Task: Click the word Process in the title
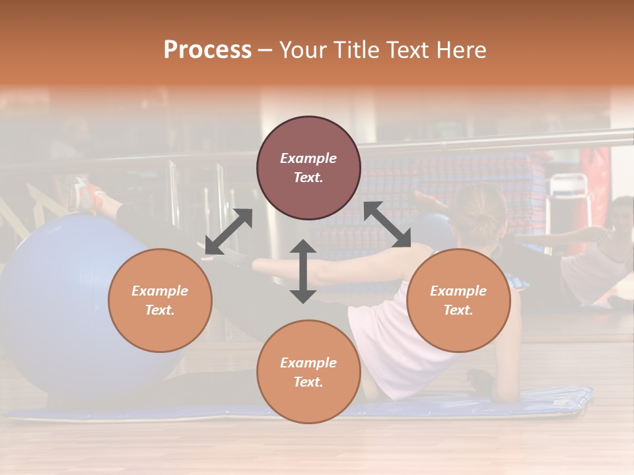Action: (207, 50)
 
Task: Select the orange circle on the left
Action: (160, 300)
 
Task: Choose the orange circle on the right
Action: (458, 300)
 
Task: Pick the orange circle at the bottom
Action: (308, 371)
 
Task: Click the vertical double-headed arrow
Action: (303, 271)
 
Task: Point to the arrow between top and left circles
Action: (229, 231)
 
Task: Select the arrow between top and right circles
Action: (388, 225)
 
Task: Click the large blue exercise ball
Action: (59, 303)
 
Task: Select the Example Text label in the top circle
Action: (308, 168)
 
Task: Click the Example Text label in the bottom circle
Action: (308, 372)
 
